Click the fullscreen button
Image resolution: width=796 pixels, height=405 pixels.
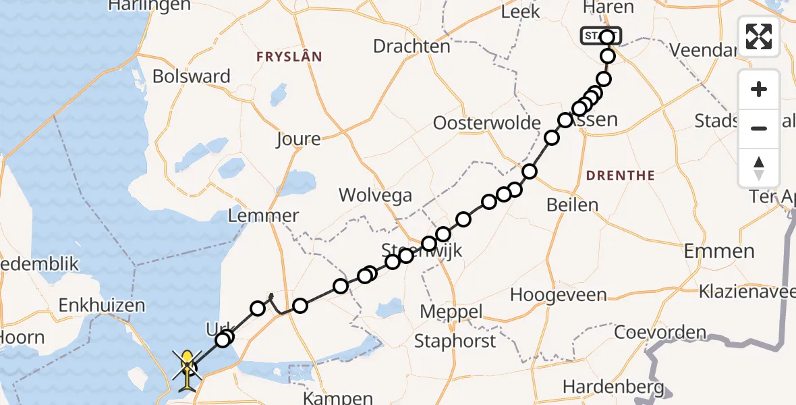(x=759, y=36)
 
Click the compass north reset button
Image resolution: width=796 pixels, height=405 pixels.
(x=759, y=167)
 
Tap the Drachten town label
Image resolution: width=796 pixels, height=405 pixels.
(x=411, y=47)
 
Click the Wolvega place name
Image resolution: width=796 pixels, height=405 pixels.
(x=376, y=196)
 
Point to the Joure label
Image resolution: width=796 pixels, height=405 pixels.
(x=298, y=139)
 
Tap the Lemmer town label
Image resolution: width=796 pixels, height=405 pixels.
(x=264, y=216)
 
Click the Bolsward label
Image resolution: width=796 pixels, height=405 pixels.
(x=192, y=76)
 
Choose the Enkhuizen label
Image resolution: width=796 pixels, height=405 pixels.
(x=102, y=305)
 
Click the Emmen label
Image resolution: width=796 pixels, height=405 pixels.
(x=719, y=252)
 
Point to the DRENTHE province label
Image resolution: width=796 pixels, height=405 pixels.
(x=621, y=175)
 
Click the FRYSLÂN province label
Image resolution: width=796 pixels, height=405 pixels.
(x=289, y=57)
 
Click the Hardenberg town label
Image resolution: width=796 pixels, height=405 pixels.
(x=614, y=387)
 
